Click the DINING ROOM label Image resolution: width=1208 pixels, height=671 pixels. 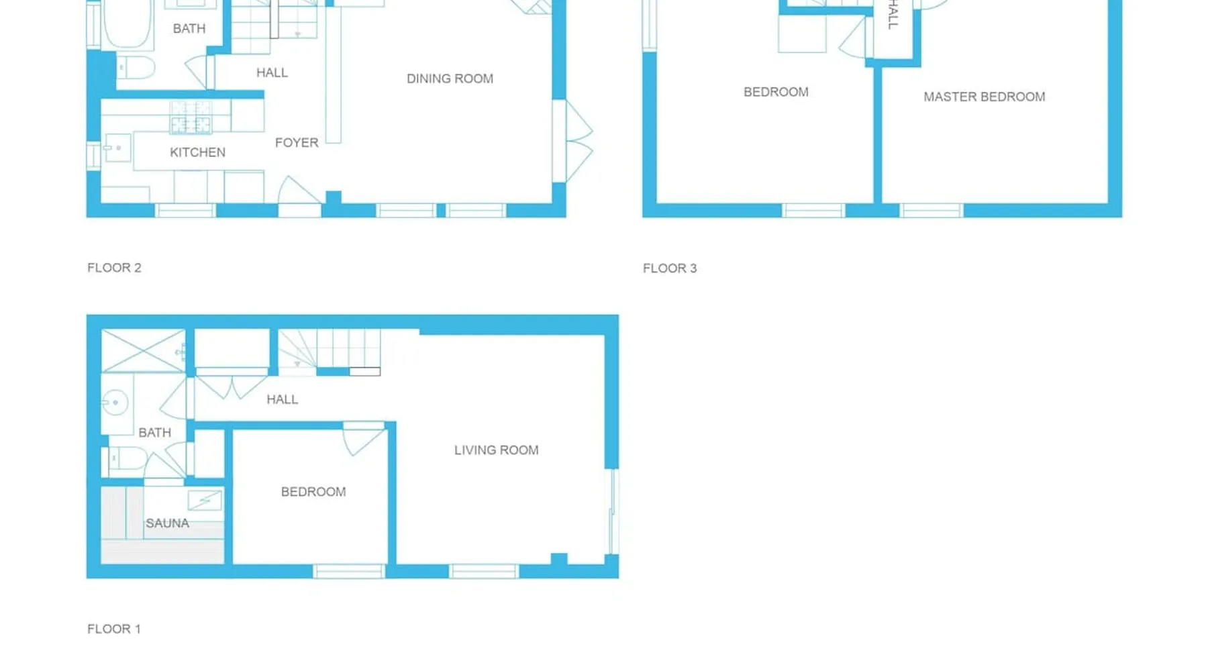[x=450, y=79]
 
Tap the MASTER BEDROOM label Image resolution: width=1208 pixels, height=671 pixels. [x=984, y=97]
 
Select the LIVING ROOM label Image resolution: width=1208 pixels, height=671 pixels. [x=496, y=450]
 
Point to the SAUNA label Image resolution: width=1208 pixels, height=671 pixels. [x=167, y=523]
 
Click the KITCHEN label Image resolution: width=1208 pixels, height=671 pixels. [x=197, y=152]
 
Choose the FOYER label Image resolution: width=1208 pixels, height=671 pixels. [x=297, y=142]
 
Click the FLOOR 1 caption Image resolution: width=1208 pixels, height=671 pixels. [x=114, y=629]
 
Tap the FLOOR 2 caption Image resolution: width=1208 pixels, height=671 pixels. [x=114, y=268]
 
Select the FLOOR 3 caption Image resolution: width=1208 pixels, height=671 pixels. [x=670, y=268]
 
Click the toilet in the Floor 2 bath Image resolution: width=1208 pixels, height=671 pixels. [x=136, y=68]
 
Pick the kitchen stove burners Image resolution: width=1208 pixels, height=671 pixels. [x=191, y=117]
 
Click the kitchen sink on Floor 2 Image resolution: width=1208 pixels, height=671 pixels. [x=117, y=148]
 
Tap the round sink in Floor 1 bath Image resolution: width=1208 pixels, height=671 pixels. [x=115, y=403]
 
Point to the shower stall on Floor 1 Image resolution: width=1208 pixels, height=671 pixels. [x=143, y=350]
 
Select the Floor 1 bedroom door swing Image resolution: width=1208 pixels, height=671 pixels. [x=364, y=440]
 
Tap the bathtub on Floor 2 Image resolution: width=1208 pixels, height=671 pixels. [x=128, y=23]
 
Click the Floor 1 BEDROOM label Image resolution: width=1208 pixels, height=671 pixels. [x=313, y=492]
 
